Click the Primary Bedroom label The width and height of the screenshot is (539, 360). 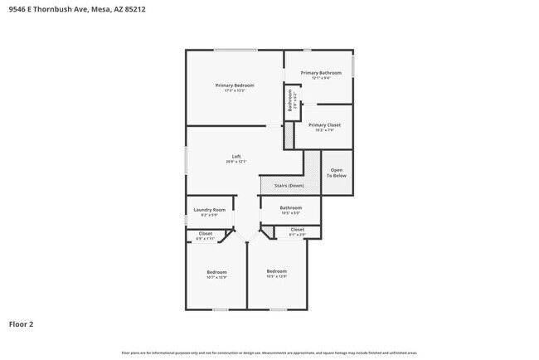coord(235,85)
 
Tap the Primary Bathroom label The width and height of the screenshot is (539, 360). coord(320,73)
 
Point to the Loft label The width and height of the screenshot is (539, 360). coord(236,157)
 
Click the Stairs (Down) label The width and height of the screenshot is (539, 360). coord(289,186)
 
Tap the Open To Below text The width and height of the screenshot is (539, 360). coord(336,173)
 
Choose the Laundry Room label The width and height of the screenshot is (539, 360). coord(209,210)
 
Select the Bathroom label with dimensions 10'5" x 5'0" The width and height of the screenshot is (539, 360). coord(290,207)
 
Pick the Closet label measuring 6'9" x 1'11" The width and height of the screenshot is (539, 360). coord(205,234)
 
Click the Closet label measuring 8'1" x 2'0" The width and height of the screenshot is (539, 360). coord(297,230)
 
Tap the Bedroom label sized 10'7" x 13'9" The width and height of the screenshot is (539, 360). coord(216,272)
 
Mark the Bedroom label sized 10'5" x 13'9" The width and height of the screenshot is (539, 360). coord(276,271)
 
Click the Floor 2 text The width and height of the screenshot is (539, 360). coord(21,324)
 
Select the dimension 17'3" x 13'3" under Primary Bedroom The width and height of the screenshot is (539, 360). coord(235,90)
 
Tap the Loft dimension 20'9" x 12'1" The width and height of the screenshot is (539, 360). coord(236,162)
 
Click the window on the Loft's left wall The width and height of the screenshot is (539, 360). coord(186,159)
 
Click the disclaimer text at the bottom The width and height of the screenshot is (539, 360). coord(269,353)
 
